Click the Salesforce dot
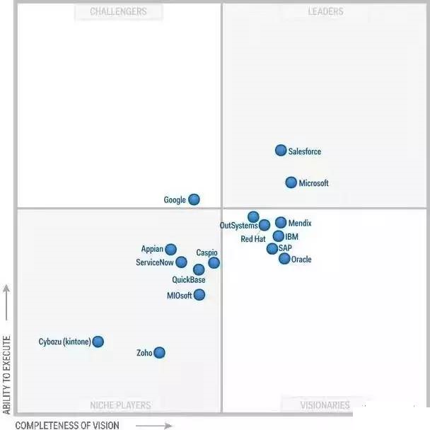pyautogui.click(x=281, y=150)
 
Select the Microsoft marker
pyautogui.click(x=291, y=182)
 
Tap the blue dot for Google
pyautogui.click(x=194, y=199)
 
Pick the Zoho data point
pyautogui.click(x=160, y=352)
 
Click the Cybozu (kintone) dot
pyautogui.click(x=98, y=342)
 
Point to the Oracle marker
pyautogui.click(x=284, y=259)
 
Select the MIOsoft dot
pyautogui.click(x=199, y=295)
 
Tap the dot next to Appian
pyautogui.click(x=170, y=249)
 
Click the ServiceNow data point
pyautogui.click(x=181, y=262)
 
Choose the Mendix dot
pyautogui.click(x=281, y=223)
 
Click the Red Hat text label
pyautogui.click(x=252, y=239)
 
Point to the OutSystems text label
pyautogui.click(x=238, y=226)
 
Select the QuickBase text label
pyautogui.click(x=189, y=280)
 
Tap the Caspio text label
pyautogui.click(x=207, y=252)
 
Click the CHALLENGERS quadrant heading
pyautogui.click(x=119, y=11)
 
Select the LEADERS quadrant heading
pyautogui.click(x=325, y=11)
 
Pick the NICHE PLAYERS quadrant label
pyautogui.click(x=120, y=405)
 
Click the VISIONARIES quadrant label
pyautogui.click(x=325, y=405)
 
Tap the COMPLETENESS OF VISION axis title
pyautogui.click(x=67, y=425)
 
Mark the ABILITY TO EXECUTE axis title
pyautogui.click(x=7, y=375)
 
